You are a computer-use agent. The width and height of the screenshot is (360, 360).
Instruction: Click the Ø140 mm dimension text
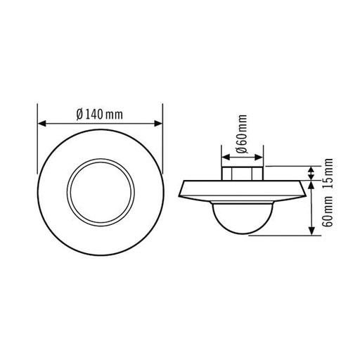coord(99,115)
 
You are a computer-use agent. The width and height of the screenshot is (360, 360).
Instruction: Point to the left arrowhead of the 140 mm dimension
coord(40,124)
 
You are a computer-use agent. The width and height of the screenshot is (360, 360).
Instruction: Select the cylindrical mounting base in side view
coord(243,172)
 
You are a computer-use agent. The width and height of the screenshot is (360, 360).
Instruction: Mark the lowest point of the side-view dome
coord(243,233)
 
